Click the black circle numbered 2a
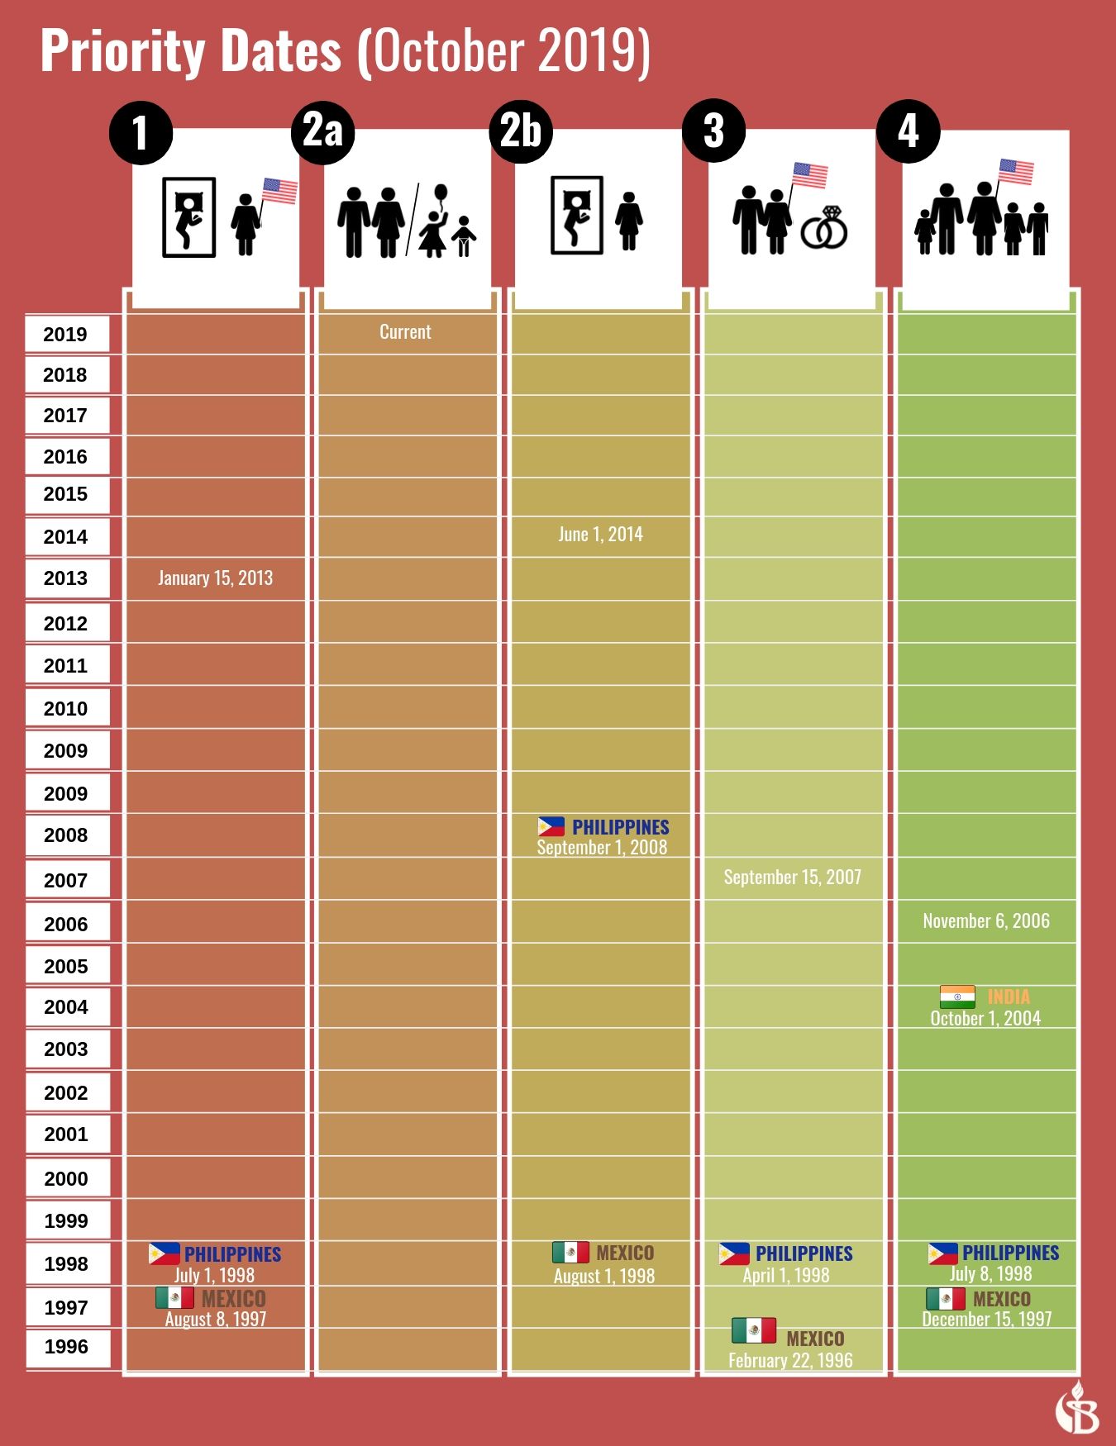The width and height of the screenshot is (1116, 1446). (322, 132)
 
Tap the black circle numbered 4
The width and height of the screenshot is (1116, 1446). (908, 131)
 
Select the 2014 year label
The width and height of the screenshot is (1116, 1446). (66, 537)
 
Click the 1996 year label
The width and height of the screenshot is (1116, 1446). (66, 1347)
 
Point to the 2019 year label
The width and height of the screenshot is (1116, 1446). (66, 335)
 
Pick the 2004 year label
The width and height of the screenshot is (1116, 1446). (66, 1007)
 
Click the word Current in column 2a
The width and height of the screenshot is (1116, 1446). (405, 332)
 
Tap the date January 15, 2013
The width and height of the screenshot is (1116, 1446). (215, 578)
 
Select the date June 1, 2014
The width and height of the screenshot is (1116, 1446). (600, 535)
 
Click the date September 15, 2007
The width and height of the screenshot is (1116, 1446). (792, 878)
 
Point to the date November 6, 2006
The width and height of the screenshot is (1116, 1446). (986, 921)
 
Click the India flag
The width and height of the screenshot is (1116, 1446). (957, 997)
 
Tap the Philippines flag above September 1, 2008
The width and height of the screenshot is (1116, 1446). (551, 826)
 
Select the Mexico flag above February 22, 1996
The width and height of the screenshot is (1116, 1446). (753, 1330)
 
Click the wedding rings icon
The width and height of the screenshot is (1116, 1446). (825, 229)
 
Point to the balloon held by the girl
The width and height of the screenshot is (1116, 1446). (441, 194)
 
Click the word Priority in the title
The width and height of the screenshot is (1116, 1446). (190, 51)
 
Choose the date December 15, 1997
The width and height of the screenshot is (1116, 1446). (986, 1320)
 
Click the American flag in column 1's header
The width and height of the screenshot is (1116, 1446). (279, 191)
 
